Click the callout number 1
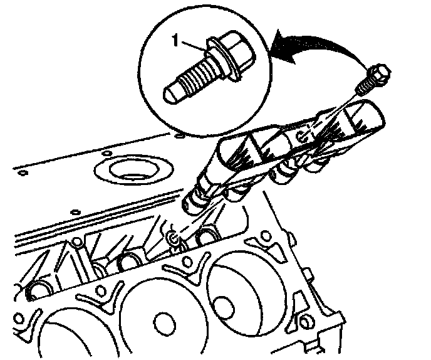pos(175,40)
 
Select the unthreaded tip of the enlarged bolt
pos(172,93)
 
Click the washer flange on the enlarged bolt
pos(222,60)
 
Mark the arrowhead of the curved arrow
pos(283,46)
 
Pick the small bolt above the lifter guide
pos(373,79)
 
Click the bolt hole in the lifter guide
pos(303,137)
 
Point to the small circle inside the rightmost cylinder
pos(224,309)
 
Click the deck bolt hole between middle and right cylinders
pos(187,261)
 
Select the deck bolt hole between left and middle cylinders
pos(101,290)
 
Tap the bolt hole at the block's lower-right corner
pos(304,322)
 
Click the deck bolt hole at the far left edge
pos(18,319)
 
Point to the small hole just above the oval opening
pos(106,153)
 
